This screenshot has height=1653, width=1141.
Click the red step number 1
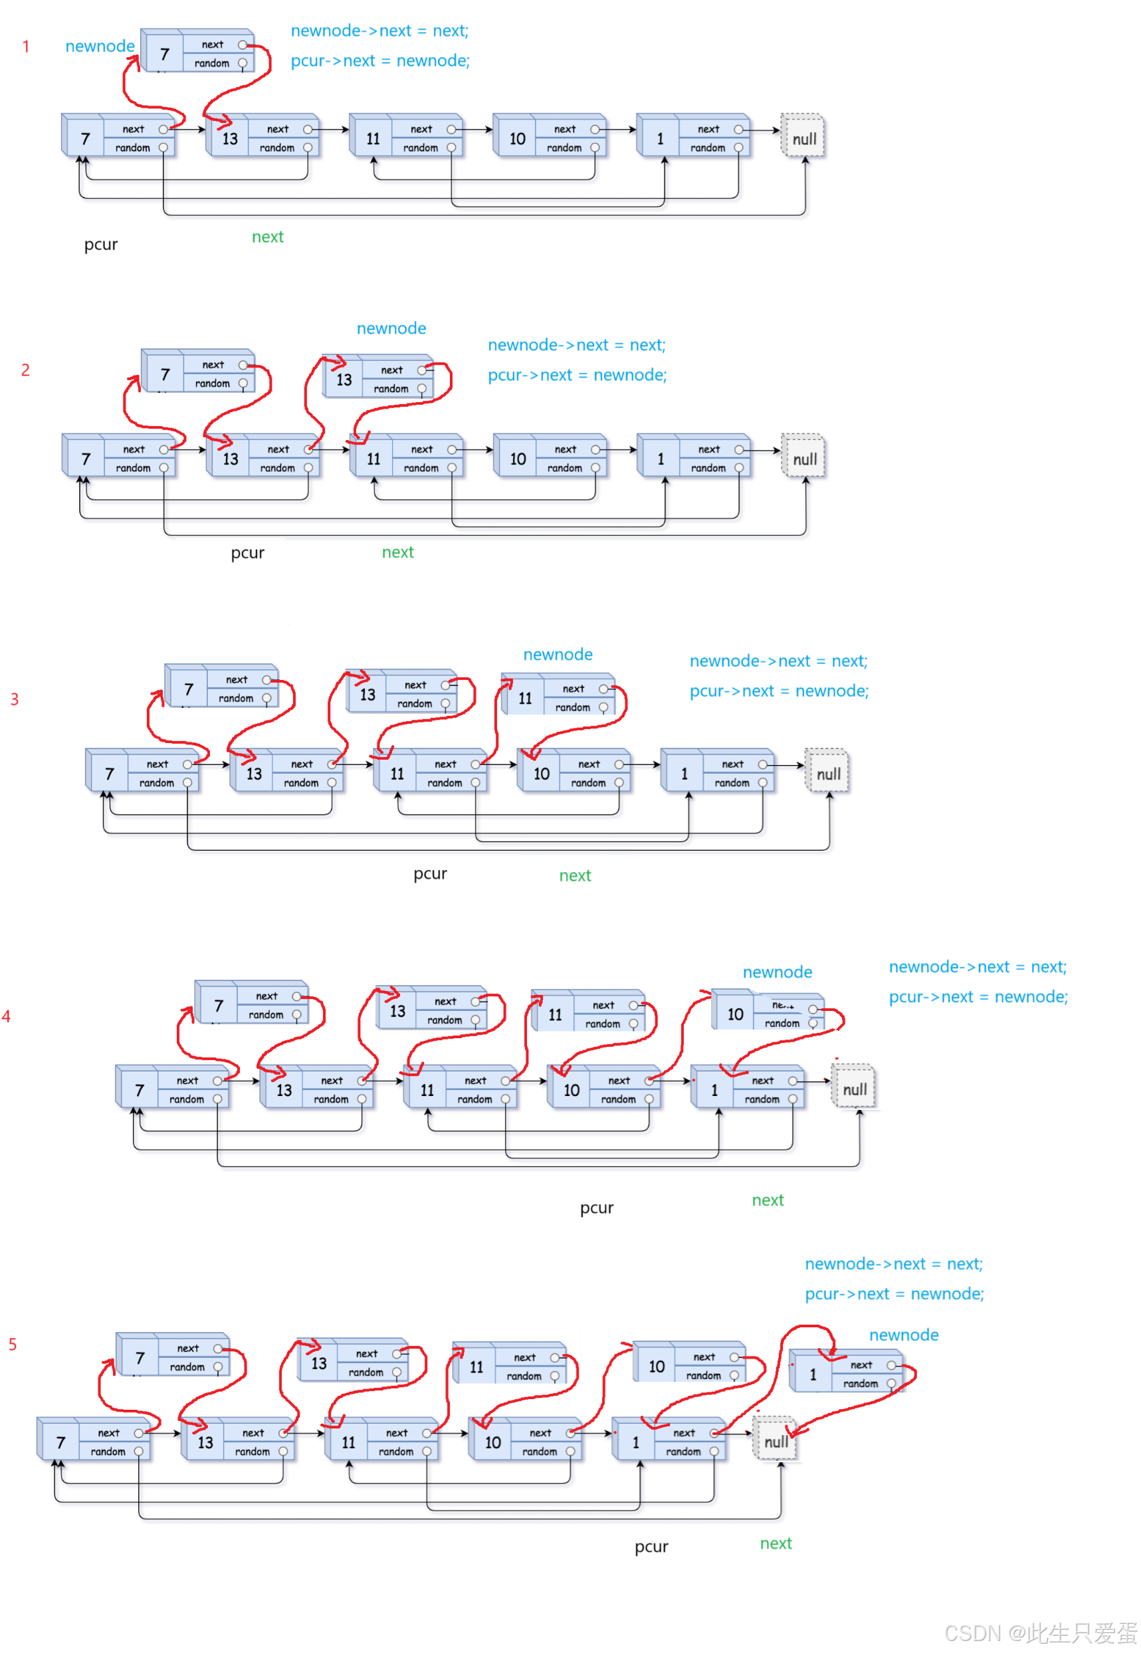pos(26,47)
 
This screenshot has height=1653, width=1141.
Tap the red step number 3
pos(15,699)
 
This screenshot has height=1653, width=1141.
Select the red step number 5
pos(12,1344)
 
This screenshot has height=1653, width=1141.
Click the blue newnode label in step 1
pos(100,47)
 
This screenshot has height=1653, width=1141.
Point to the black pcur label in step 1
pos(101,245)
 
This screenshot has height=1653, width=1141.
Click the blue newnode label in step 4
pos(777,972)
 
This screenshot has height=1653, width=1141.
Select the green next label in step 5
pos(776,1543)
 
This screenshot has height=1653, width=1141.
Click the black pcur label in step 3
pos(431,873)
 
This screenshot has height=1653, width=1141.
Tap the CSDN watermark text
pos(1040,1633)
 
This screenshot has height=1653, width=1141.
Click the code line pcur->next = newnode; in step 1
pos(379,60)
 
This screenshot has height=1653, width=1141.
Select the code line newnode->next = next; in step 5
pos(894,1264)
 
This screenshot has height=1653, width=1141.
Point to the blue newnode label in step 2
pos(391,329)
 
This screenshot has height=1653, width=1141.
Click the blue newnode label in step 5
pos(904,1335)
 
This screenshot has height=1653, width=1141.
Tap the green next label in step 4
pos(768,1200)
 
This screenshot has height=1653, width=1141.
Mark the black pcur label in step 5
pos(651,1547)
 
